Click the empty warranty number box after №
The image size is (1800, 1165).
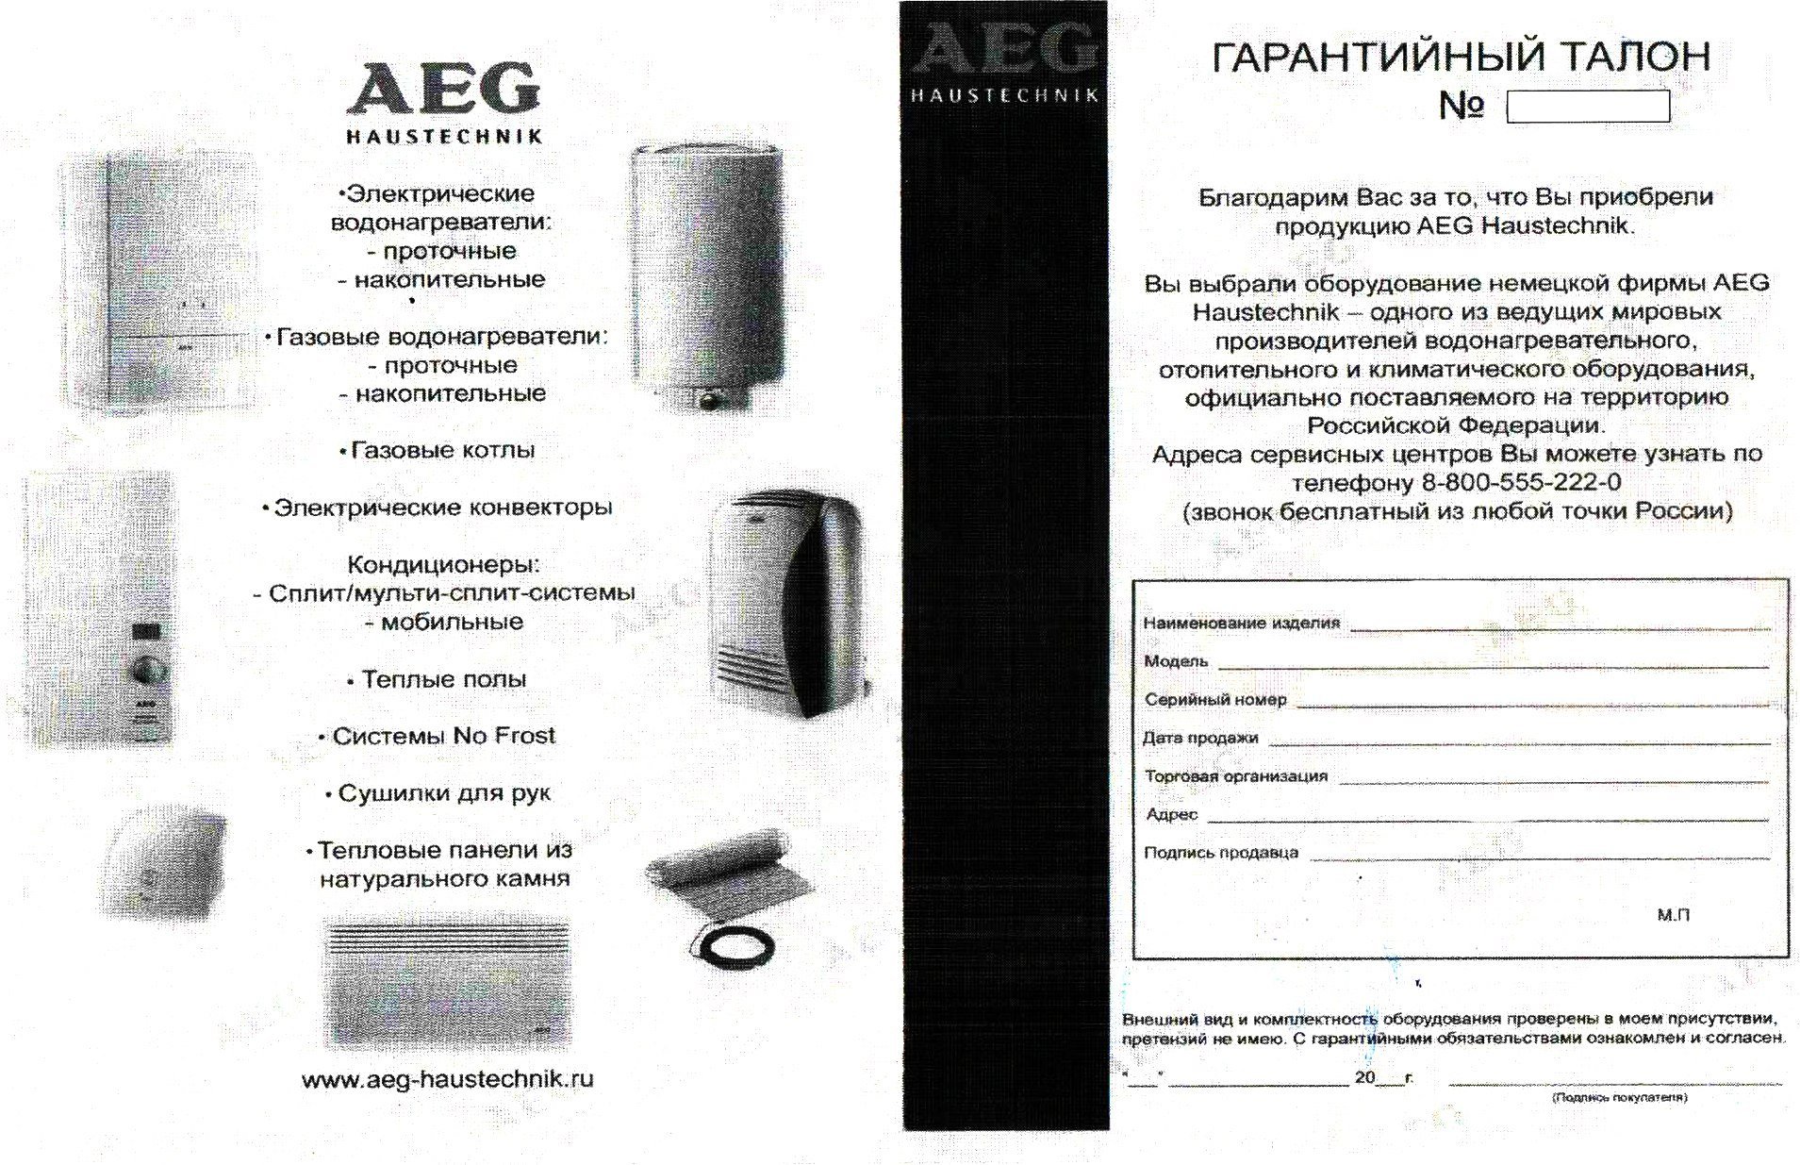tap(1588, 107)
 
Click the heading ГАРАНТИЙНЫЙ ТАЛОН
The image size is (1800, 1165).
tap(1461, 57)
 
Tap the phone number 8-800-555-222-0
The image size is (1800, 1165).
tap(1521, 483)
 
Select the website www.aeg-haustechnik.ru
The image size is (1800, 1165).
tap(448, 1079)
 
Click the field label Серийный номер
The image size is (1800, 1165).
tap(1215, 700)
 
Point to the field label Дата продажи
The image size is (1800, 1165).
tap(1200, 738)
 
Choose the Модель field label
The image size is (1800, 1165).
tap(1176, 661)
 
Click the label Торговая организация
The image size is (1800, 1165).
tap(1236, 776)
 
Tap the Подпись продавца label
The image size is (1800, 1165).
tap(1221, 853)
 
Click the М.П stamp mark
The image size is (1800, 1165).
tap(1674, 915)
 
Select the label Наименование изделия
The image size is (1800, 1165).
tap(1241, 623)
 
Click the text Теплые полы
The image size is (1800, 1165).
tap(443, 679)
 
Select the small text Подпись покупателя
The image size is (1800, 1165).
tap(1620, 1097)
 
